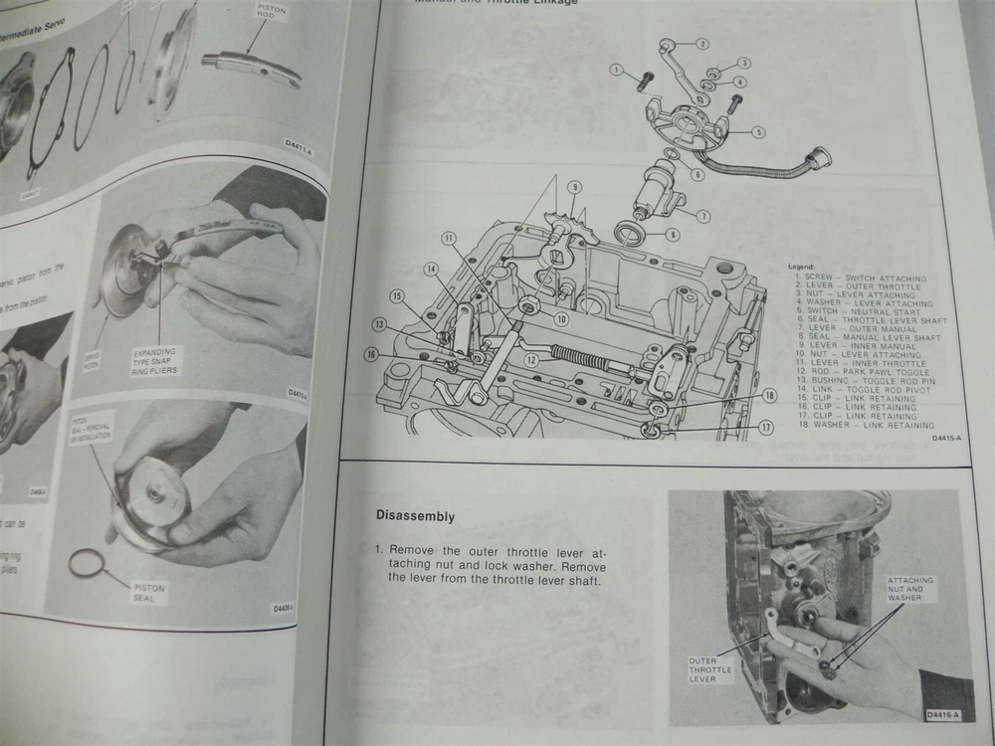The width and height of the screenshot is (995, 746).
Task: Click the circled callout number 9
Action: point(574,187)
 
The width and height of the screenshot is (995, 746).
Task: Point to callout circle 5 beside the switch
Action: point(758,131)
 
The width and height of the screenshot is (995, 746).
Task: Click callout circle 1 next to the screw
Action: point(617,70)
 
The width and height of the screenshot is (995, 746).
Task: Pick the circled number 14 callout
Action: point(431,269)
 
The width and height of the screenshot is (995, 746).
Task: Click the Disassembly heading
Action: point(415,516)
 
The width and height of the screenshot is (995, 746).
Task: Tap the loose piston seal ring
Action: point(87,565)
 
